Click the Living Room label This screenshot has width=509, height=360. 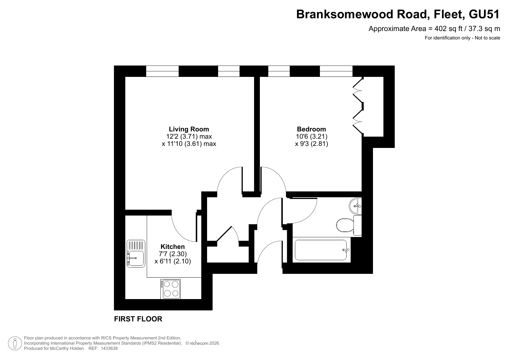tap(189, 129)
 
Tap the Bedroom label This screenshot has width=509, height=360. tap(311, 129)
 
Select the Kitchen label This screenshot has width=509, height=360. tap(173, 247)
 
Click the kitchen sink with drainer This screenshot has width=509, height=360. tap(136, 254)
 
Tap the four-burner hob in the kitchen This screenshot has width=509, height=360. tap(171, 289)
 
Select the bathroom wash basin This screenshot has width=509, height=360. tap(356, 206)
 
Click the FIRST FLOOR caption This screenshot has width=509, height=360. tap(138, 319)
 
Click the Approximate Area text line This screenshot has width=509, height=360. tap(434, 29)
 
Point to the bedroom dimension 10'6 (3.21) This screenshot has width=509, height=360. tap(311, 136)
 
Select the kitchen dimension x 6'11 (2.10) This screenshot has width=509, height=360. tap(173, 261)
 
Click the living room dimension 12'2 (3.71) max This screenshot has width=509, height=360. tap(189, 136)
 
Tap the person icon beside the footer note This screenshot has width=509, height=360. tap(15, 343)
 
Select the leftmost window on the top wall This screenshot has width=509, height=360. tap(162, 71)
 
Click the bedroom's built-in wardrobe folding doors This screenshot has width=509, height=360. tap(358, 105)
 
